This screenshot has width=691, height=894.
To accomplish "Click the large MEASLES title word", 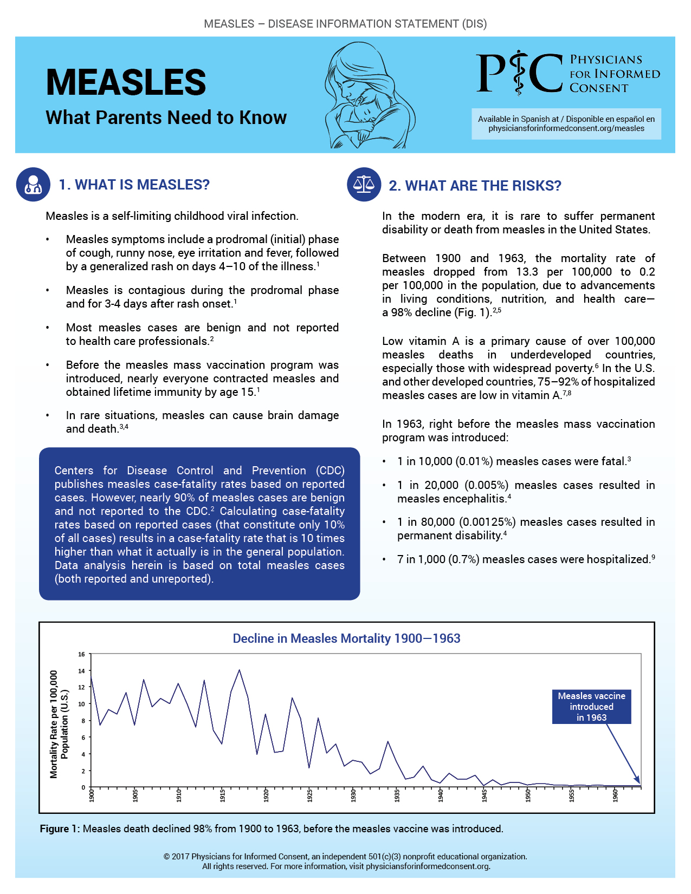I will coord(126,82).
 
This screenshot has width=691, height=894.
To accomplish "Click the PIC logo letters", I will coord(519,73).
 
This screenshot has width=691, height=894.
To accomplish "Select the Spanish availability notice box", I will coord(566,124).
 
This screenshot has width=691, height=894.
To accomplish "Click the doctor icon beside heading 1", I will coord(34,185).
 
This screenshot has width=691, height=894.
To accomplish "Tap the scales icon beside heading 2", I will coord(364,185).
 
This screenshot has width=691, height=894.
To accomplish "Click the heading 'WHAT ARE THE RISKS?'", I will coord(475,186).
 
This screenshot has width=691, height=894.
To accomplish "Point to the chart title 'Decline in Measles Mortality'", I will coord(346,638).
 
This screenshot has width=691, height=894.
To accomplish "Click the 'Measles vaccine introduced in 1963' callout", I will coord(591,707).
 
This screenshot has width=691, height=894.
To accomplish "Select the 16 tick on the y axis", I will coord(82,654).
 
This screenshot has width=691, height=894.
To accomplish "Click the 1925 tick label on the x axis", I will coord(310,795).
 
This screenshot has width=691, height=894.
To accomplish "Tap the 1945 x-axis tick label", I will coord(485,795).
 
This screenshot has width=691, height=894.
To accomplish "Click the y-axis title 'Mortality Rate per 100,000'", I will coord(54,724).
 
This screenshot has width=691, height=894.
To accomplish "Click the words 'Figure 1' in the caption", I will coord(54,829).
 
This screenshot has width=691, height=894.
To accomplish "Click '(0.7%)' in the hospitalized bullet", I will coord(464,559).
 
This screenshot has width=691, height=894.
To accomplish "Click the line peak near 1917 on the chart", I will coord(239,670).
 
